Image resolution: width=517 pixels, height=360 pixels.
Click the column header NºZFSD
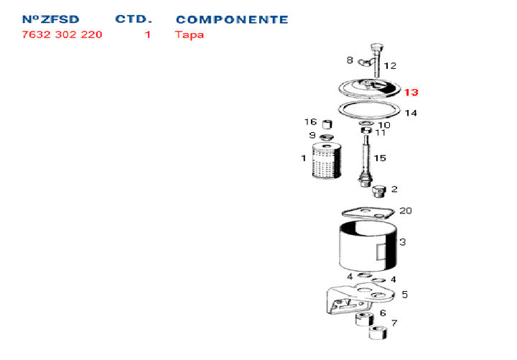(x=50, y=19)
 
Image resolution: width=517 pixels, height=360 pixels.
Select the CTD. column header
(x=134, y=19)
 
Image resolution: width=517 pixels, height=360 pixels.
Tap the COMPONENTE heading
(x=231, y=19)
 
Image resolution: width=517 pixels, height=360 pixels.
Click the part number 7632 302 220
(x=62, y=34)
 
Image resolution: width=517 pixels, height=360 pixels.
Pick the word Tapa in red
(x=190, y=34)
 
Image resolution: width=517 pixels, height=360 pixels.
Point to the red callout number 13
(x=411, y=93)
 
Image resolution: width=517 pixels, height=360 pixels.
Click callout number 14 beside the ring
(x=411, y=113)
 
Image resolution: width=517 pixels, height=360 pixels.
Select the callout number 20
(x=406, y=211)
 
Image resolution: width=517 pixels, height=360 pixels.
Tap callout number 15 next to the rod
(x=380, y=158)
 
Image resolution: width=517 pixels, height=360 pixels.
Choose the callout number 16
(x=310, y=121)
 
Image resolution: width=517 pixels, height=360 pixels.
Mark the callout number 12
(x=390, y=66)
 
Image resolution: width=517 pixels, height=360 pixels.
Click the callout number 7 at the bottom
(x=394, y=323)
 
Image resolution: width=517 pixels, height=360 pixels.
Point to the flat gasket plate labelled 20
(x=368, y=212)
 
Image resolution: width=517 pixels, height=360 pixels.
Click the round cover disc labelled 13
(x=370, y=88)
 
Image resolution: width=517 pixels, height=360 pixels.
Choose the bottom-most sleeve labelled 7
(x=378, y=332)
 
